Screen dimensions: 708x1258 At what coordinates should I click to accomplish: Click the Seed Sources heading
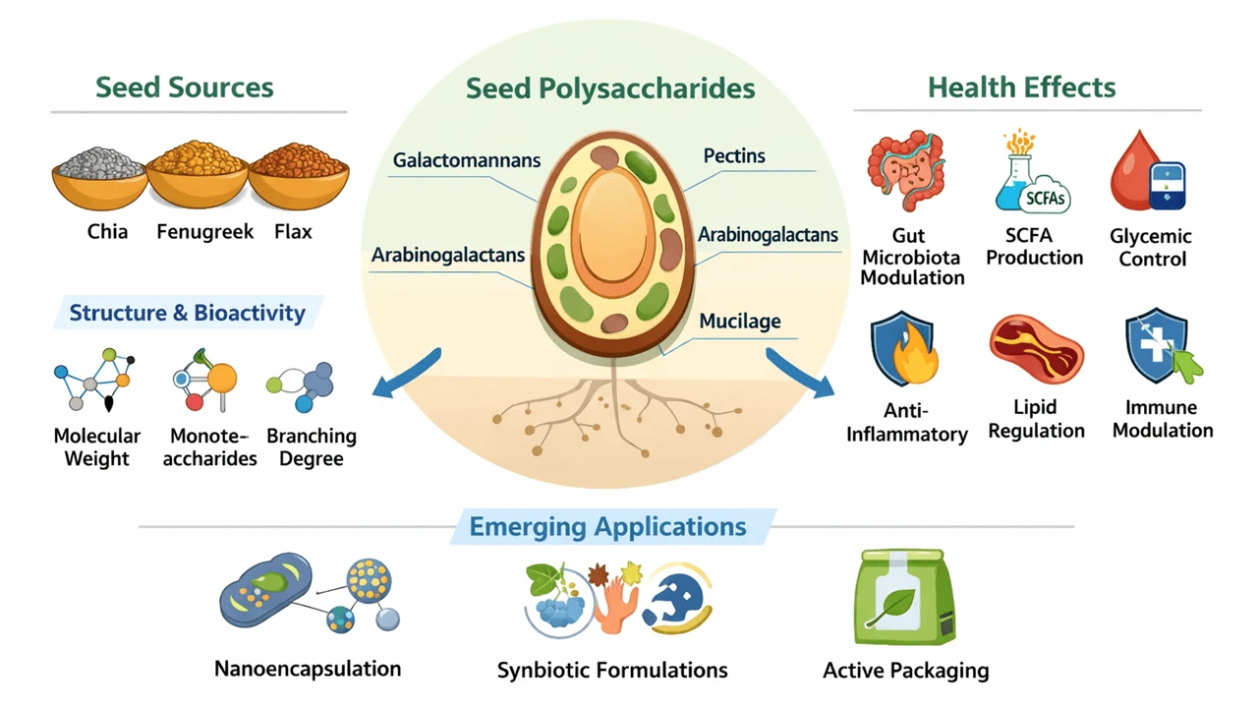[x=185, y=87]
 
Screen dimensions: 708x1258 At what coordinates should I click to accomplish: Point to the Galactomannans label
[x=467, y=159]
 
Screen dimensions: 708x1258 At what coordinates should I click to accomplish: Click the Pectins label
[x=734, y=155]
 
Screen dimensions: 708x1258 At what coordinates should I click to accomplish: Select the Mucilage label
[x=740, y=321]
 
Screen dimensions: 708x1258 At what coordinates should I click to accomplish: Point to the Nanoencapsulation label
[x=308, y=669]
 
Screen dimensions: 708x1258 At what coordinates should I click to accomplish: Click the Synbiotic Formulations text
[x=612, y=671]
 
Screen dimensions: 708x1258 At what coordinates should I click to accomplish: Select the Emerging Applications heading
[x=607, y=526]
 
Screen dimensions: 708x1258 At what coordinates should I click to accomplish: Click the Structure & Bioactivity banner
[x=187, y=314]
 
